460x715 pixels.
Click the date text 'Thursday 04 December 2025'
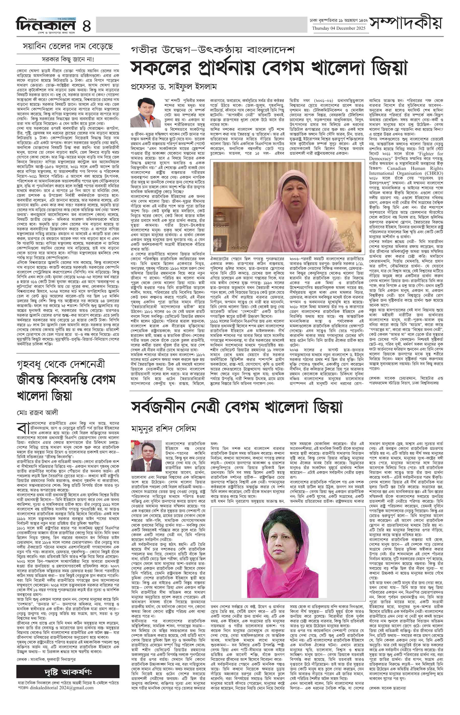tap(339, 28)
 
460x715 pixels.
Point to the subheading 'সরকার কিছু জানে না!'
tap(68, 59)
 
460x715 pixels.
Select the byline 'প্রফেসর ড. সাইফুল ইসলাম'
tap(174, 87)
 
